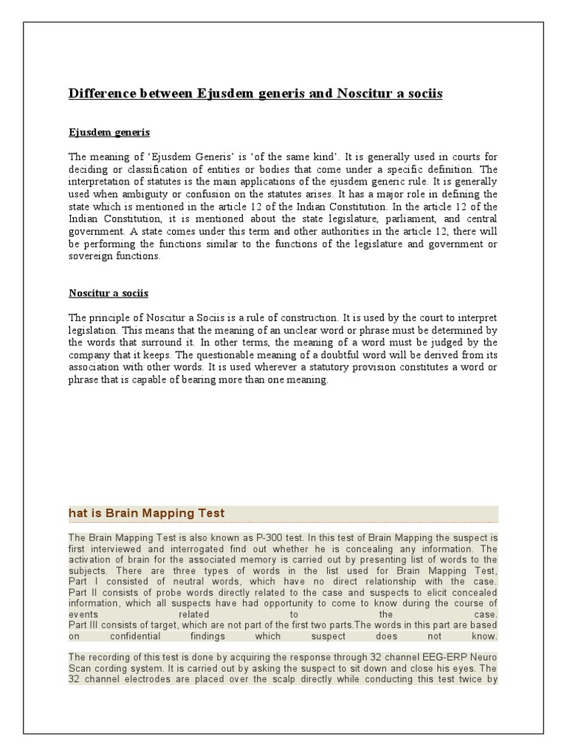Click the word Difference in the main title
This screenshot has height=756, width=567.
pyautogui.click(x=99, y=94)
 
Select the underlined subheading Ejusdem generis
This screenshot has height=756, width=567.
pyautogui.click(x=109, y=132)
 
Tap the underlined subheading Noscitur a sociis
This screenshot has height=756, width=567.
pyautogui.click(x=109, y=293)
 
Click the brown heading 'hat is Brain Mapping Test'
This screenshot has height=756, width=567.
pyautogui.click(x=147, y=513)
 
